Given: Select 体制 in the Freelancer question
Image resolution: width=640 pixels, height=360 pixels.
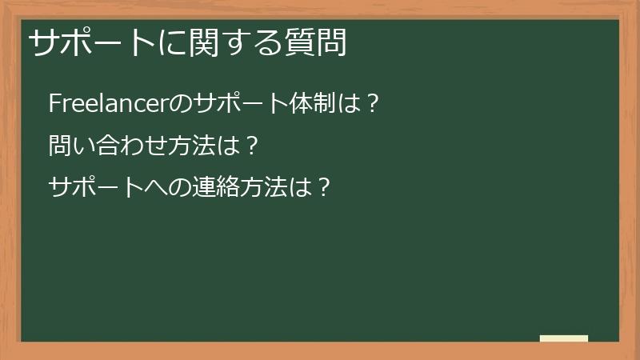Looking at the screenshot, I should coord(318,104).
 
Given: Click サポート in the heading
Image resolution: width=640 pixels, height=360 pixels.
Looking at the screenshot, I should coord(88,42).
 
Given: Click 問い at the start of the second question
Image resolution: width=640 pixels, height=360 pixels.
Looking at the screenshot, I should coord(72,146).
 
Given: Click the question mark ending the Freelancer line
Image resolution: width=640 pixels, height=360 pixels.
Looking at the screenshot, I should coord(370,104).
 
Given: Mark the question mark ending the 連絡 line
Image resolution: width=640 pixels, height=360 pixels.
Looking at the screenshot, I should coord(323,186).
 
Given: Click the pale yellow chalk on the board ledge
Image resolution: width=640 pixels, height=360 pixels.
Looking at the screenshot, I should coord(563,338).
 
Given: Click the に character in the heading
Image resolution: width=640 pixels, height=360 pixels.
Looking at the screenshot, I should coord(169,42).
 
